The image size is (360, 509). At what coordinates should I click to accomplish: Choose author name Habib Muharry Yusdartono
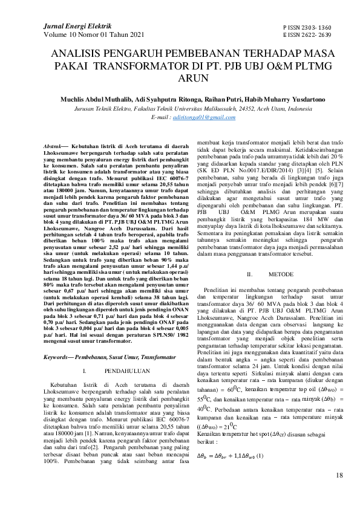click(260, 98)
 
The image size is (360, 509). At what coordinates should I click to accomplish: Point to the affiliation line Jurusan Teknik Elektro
click(180, 107)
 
